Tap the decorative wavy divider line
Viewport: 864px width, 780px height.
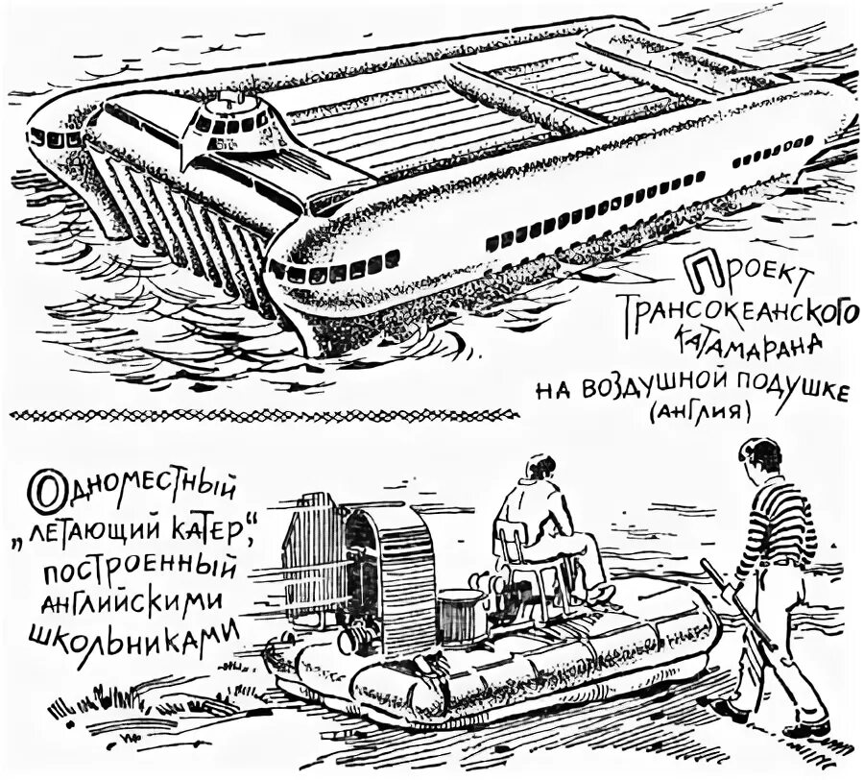pyautogui.click(x=264, y=414)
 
